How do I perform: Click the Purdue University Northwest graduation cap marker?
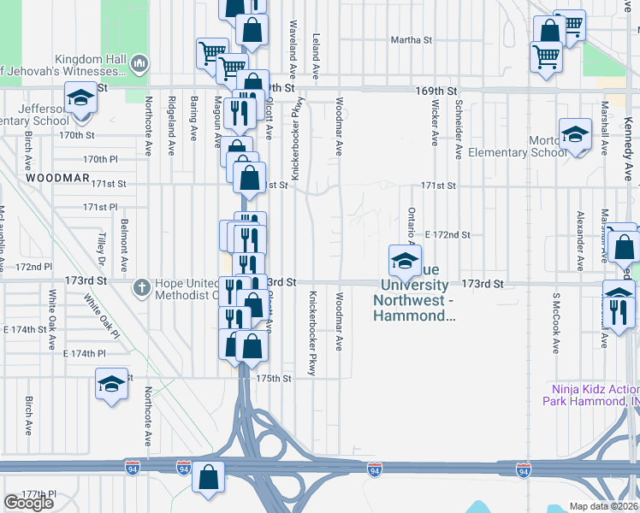click(x=405, y=259)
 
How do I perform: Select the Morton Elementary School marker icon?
click(x=575, y=134)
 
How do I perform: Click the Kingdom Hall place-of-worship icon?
click(x=140, y=64)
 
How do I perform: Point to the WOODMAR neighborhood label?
click(x=57, y=178)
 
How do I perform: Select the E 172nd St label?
click(x=447, y=234)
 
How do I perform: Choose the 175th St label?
click(x=275, y=377)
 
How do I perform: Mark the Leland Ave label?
click(x=316, y=52)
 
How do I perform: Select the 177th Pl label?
click(x=39, y=494)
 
